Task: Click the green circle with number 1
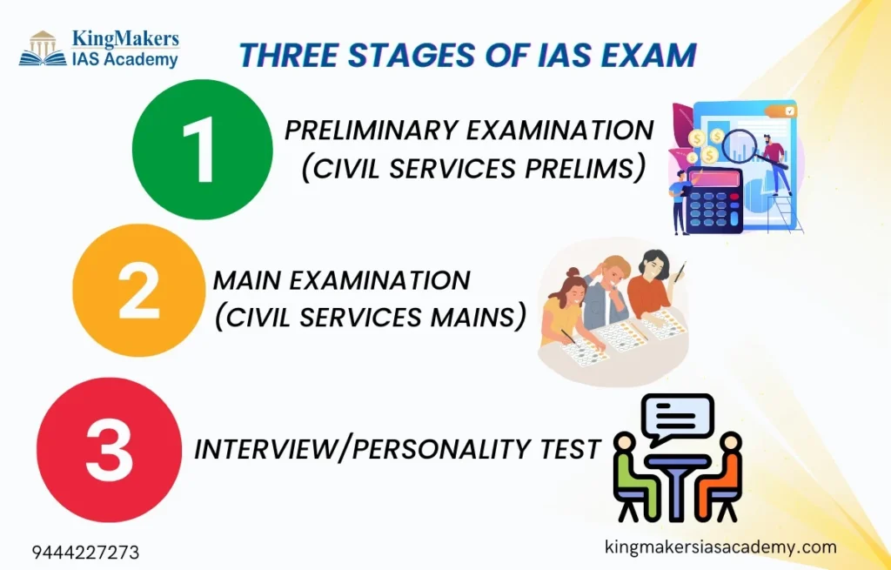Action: coord(202,149)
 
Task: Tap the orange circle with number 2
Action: coord(138,292)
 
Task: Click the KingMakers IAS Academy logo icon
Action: coord(43,49)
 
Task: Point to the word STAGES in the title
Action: coord(381,55)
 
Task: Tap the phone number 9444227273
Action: coord(85,553)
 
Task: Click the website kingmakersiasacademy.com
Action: coord(720,547)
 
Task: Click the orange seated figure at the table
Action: coord(725,474)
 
